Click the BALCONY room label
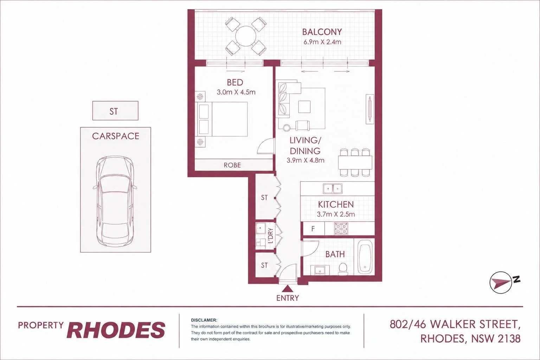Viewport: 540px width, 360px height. [322, 32]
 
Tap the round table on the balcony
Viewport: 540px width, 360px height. [246, 36]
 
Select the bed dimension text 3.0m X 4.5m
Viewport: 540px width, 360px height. [236, 92]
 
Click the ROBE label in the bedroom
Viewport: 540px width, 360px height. [232, 165]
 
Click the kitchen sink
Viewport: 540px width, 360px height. [333, 188]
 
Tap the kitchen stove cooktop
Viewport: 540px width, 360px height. [341, 229]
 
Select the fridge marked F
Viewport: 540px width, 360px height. [313, 229]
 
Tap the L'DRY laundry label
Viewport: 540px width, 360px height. [270, 235]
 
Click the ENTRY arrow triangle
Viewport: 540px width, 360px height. [287, 289]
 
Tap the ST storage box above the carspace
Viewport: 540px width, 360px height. [115, 111]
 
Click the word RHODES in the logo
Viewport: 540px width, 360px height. [116, 330]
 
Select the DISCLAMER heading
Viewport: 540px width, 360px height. [204, 320]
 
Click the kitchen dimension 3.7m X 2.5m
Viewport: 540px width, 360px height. [336, 214]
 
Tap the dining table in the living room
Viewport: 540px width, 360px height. [355, 162]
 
